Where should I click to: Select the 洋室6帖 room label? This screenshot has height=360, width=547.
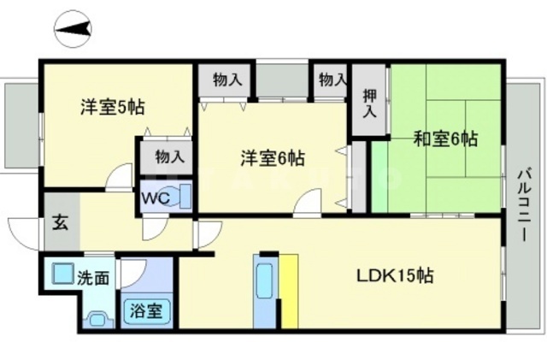[x=272, y=157]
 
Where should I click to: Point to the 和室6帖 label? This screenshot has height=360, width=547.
[x=445, y=137]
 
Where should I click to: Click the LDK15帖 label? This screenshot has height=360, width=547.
[x=394, y=276]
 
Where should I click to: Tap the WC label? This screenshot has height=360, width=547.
[x=156, y=196]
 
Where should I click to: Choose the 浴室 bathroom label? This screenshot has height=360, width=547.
[x=149, y=310]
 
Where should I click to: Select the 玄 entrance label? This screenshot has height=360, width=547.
[x=62, y=226]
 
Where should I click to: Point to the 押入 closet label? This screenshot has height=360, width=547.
[x=369, y=103]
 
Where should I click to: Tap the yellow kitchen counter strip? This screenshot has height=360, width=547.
[x=289, y=291]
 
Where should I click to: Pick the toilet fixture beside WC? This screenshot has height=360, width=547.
[x=185, y=195]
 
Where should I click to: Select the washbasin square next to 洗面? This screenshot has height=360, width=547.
[x=60, y=274]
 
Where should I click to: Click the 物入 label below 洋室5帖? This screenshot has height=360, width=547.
[x=169, y=156]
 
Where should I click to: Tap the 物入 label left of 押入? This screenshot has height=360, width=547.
[x=332, y=80]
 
